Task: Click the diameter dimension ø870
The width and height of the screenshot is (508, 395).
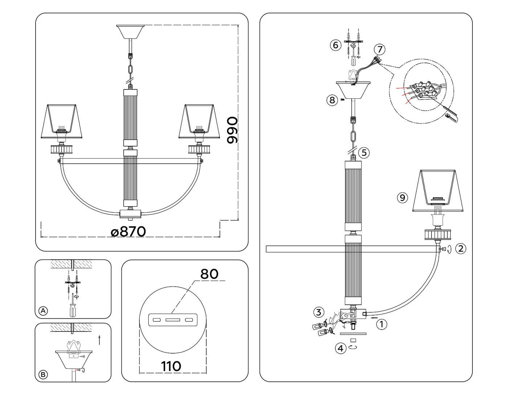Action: (129, 231)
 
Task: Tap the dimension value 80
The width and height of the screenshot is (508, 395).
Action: (209, 273)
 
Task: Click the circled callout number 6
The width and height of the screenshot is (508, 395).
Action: (335, 45)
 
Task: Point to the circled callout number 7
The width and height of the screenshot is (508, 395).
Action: (380, 49)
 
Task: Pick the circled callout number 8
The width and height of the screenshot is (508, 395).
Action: (332, 100)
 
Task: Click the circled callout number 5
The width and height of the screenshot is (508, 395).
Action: (364, 153)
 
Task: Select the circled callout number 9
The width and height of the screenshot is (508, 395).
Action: (402, 197)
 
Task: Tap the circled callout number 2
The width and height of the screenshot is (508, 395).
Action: (460, 249)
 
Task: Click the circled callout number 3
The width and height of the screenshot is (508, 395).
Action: (319, 312)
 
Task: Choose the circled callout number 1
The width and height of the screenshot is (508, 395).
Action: (381, 324)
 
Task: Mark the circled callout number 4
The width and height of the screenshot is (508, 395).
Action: (340, 349)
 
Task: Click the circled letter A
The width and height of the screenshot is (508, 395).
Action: (43, 311)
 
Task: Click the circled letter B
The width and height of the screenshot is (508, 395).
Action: (43, 374)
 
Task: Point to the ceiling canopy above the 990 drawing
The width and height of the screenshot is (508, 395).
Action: (130, 31)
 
